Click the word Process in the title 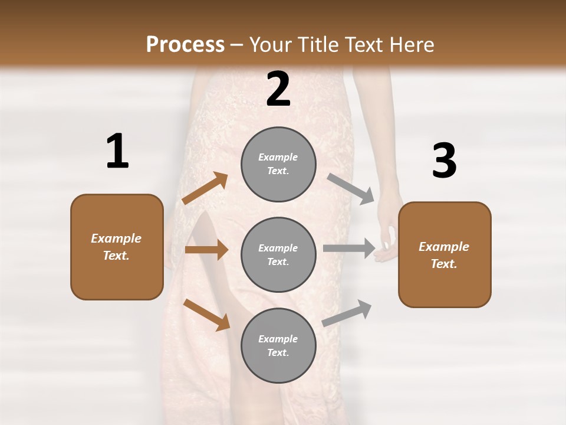[x=185, y=45]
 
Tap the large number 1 [x=117, y=152]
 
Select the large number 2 [x=278, y=89]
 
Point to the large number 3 [x=444, y=161]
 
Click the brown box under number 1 [x=117, y=247]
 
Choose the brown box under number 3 [x=445, y=254]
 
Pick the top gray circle [x=278, y=164]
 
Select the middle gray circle [x=278, y=254]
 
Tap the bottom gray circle [x=278, y=345]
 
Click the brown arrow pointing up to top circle [x=205, y=188]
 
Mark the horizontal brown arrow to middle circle [x=206, y=250]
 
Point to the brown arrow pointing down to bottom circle [x=206, y=314]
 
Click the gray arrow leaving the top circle [x=351, y=189]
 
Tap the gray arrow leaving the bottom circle [x=347, y=313]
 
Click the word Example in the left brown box [x=116, y=238]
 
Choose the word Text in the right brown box [x=443, y=264]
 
